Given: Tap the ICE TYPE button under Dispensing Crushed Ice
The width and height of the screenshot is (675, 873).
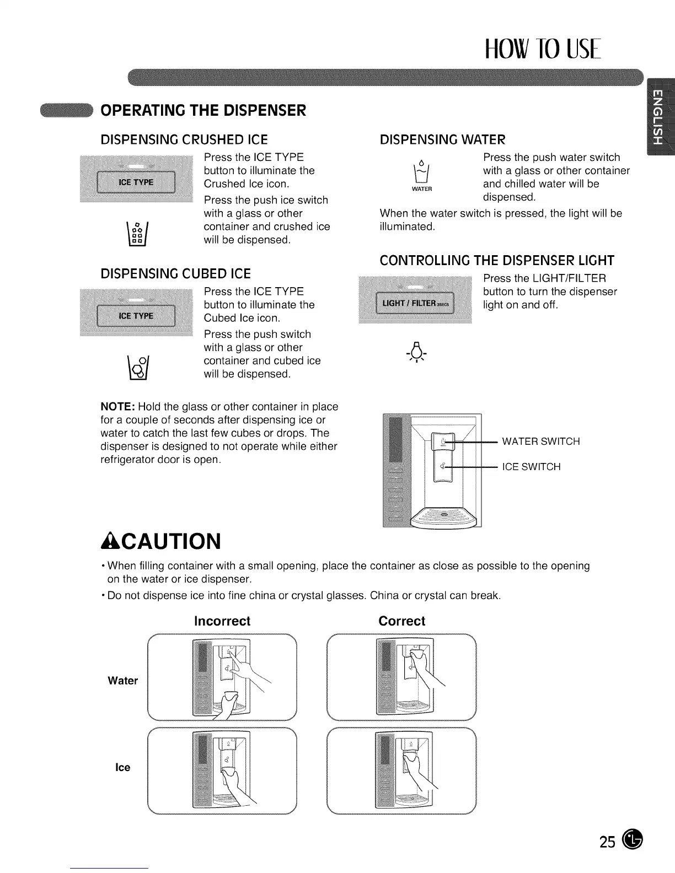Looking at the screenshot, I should click(135, 182).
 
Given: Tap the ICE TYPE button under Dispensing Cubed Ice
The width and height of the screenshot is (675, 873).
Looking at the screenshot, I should click(136, 316).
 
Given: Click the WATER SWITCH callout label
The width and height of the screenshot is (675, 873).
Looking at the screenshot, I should click(540, 441).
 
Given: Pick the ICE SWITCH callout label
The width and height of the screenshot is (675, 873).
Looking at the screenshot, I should click(531, 467).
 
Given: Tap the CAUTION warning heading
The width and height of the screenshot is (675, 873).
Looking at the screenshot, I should click(160, 541).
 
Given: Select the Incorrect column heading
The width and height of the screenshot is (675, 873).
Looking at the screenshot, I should click(222, 621).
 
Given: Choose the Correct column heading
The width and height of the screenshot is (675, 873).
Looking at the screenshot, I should click(401, 621).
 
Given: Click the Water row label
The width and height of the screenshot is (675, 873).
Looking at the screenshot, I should click(123, 681).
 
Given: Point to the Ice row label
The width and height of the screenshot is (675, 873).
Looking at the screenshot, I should click(123, 767).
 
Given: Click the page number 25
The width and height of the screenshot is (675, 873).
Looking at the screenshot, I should click(607, 842).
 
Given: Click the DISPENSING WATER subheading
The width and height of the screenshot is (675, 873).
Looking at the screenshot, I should click(442, 139).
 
